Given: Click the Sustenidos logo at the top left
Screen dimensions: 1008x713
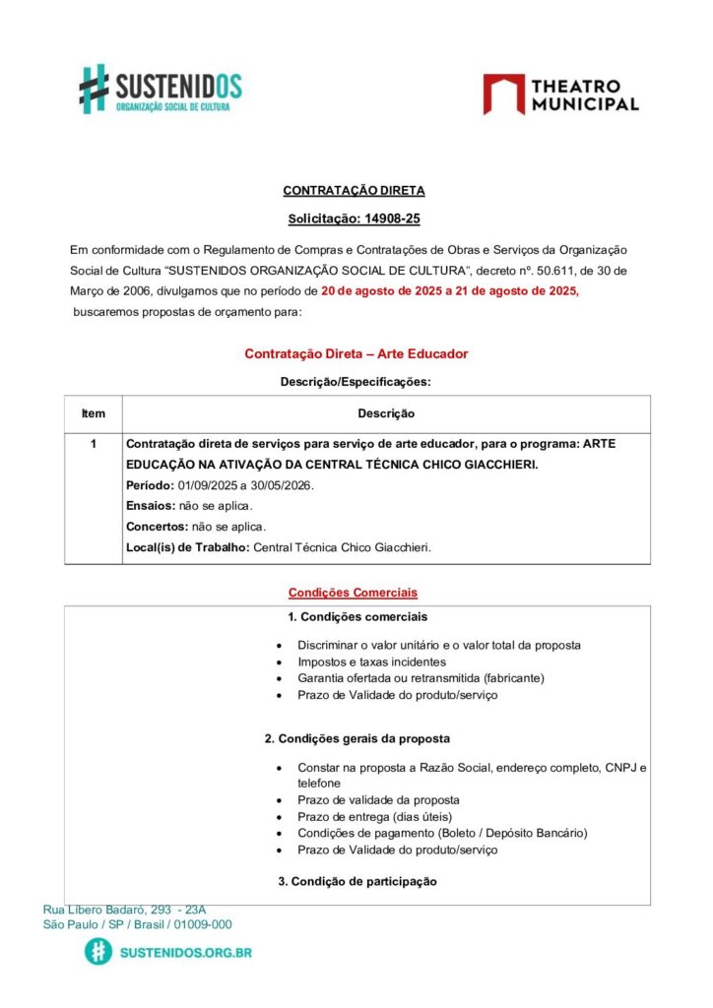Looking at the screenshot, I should click(161, 89).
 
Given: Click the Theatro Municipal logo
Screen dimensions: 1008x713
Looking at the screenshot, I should click(560, 94).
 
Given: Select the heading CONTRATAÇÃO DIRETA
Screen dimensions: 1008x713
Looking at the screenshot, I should click(354, 191).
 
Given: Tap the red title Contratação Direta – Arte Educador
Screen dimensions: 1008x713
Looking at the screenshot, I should click(356, 353).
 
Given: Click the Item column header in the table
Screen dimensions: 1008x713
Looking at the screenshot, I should click(94, 414).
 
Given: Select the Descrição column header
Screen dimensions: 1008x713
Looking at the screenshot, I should click(385, 414).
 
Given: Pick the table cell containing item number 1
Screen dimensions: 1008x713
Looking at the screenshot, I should click(94, 445).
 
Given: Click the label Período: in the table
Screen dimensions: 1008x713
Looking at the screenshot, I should click(151, 486).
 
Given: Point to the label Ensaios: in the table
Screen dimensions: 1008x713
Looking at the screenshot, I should click(151, 506).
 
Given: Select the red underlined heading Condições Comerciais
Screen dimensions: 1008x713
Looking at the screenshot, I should click(353, 593).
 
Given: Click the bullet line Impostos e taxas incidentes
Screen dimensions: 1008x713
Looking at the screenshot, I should click(371, 662).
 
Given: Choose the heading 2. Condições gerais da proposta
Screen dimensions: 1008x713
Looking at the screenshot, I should click(357, 738).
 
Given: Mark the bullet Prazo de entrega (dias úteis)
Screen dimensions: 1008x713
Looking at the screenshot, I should click(374, 817).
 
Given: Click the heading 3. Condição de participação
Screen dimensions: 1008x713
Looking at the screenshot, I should click(357, 882).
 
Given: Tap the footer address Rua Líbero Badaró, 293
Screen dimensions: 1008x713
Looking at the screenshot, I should click(124, 910).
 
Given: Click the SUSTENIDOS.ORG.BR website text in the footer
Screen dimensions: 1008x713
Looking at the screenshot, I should click(185, 953).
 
